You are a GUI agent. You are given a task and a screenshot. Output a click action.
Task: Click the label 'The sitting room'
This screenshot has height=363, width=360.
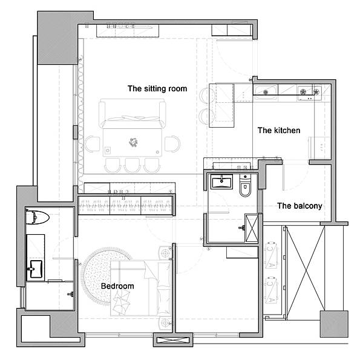tap(157, 89)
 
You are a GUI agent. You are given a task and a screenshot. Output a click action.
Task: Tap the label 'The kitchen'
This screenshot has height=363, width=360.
tap(279, 130)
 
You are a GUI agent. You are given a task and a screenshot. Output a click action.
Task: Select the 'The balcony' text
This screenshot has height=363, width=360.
tap(299, 206)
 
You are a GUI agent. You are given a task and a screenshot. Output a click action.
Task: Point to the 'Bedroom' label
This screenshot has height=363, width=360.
tap(117, 286)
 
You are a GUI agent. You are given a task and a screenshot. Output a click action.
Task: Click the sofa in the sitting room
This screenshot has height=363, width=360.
tap(133, 114)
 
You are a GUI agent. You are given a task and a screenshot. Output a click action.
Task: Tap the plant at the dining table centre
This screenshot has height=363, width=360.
tap(133, 142)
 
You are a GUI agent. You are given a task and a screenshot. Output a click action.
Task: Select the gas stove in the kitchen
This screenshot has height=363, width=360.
tap(310, 93)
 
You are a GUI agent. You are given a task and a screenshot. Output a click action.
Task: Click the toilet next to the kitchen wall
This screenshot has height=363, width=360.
tap(245, 186)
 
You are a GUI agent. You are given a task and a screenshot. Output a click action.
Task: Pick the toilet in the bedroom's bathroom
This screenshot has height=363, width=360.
tap(37, 217)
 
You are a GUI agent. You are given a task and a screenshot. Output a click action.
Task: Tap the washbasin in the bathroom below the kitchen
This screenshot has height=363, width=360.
tap(221, 181)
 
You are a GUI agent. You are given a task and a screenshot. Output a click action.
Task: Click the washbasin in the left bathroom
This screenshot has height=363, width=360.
tap(36, 269)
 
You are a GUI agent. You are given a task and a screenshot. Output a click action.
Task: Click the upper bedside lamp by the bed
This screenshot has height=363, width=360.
tap(165, 253)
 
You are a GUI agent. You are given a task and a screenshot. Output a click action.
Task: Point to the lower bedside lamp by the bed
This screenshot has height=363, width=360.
tap(165, 322)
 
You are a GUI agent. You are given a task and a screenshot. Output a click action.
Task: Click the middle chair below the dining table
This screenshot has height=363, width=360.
tap(132, 165)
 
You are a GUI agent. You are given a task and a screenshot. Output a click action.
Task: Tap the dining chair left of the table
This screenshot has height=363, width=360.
tap(92, 144)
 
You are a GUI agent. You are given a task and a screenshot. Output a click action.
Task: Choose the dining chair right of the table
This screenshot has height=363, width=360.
tap(172, 144)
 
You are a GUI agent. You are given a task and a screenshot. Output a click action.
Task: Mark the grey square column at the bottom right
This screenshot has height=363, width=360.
tap(334, 324)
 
